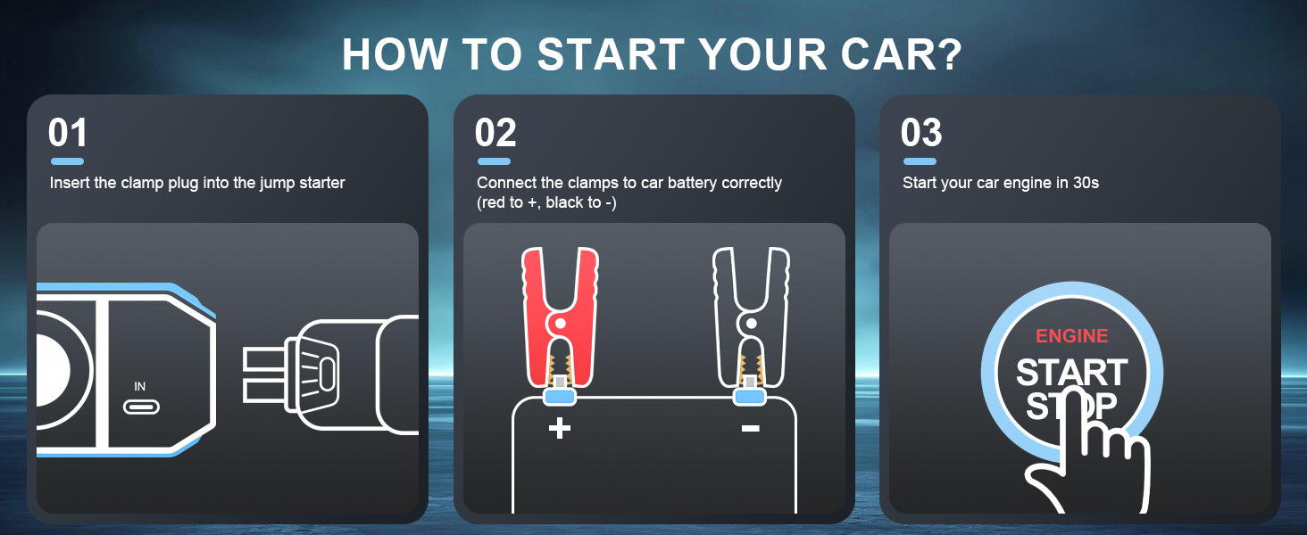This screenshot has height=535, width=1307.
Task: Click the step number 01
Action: coord(68,133)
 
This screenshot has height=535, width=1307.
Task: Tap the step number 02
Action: coord(495,133)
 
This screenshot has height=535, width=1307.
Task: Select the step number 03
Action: coord(921,133)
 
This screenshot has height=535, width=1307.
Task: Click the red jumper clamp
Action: coord(560,317)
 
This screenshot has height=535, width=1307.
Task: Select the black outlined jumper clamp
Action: coord(751,317)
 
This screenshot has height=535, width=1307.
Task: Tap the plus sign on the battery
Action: coord(560,428)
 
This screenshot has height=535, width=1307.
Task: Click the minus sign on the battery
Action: coord(750,429)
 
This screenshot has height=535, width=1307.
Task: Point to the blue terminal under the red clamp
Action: coord(560,398)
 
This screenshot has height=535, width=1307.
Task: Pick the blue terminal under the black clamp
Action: coord(750,398)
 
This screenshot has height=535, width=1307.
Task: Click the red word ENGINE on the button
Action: coord(1072,335)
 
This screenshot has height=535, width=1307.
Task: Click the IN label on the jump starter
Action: coord(140,386)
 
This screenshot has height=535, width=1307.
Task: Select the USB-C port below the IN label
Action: coord(141,407)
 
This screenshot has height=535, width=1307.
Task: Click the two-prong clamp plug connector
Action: coord(331,374)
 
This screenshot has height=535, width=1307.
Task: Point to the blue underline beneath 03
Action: coord(920,161)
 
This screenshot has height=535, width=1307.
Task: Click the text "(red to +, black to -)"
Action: coord(546,202)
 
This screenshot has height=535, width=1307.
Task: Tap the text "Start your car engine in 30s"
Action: coord(1001,183)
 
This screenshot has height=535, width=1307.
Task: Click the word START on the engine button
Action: coord(1072,373)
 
